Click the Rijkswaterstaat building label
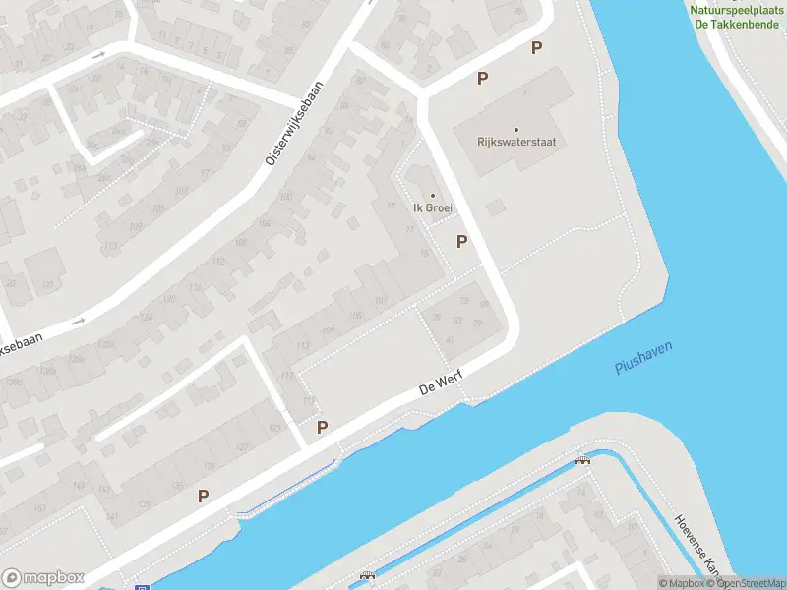click(515, 142)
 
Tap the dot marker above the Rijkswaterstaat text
click(515, 128)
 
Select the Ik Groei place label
click(432, 208)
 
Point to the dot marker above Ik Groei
click(432, 195)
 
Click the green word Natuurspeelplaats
click(738, 8)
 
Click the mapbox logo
click(43, 578)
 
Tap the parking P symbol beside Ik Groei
click(461, 241)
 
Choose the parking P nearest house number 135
click(203, 497)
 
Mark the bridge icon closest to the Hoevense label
click(582, 459)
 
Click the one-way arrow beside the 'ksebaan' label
click(78, 321)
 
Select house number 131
click(208, 466)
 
